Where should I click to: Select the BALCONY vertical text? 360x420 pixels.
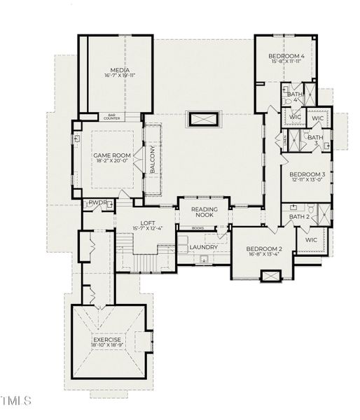point(152,160)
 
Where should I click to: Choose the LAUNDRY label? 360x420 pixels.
point(203,247)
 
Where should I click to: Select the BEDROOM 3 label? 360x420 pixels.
point(307,174)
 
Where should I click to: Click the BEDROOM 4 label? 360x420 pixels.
point(286,56)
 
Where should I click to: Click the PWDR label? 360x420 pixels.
point(97,204)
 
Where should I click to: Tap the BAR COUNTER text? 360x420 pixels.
point(112,117)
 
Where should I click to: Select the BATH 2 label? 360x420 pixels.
point(299,217)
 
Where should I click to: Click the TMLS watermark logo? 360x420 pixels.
point(18,401)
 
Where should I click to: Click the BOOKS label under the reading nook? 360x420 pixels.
point(198,228)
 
